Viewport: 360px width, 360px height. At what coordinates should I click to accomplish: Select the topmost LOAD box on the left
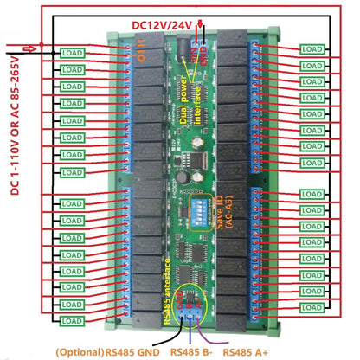(73, 53)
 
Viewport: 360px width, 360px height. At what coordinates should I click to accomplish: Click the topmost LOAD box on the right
(312, 50)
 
